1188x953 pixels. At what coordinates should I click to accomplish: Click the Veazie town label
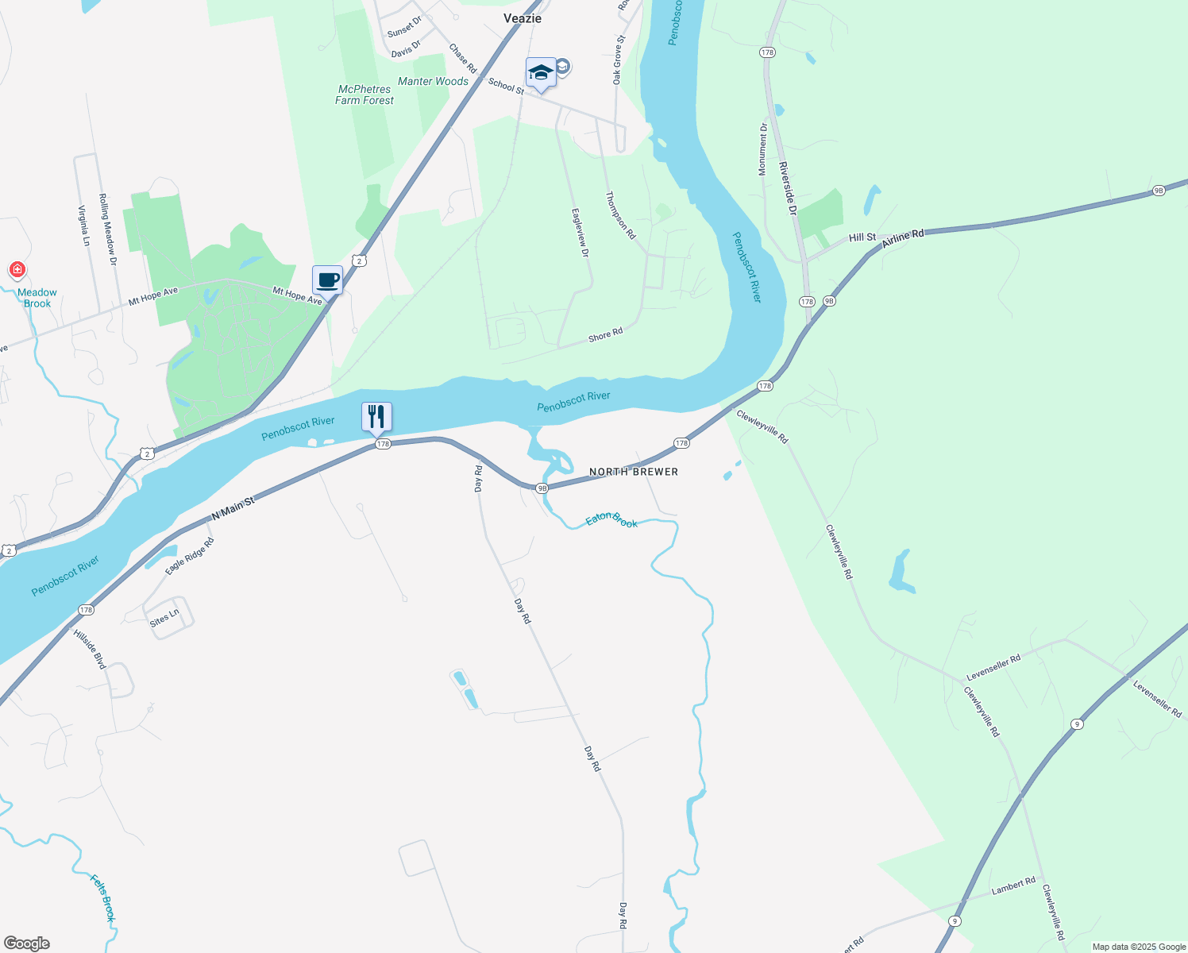tap(523, 18)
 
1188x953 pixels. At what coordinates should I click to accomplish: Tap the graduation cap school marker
tap(541, 73)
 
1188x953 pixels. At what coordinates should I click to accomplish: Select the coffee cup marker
tap(327, 280)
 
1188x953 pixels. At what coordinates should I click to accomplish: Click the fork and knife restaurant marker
tap(376, 416)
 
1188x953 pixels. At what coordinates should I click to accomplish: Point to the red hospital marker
tap(17, 270)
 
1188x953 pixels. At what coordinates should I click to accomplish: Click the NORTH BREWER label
tap(634, 472)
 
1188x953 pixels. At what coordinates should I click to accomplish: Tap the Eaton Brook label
tap(611, 520)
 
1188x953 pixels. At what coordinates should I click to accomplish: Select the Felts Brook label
tap(102, 898)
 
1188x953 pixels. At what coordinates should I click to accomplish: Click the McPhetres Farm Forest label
tap(364, 95)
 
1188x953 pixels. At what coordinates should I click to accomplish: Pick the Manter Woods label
tap(433, 81)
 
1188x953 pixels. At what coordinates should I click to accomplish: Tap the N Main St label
tap(233, 508)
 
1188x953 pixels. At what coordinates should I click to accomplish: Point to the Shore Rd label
tap(605, 335)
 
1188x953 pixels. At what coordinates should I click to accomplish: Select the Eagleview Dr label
tap(580, 233)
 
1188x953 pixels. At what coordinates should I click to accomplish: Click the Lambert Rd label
tap(1013, 885)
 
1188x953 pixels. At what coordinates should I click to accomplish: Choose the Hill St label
tap(862, 237)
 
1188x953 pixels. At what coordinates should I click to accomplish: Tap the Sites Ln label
tap(164, 617)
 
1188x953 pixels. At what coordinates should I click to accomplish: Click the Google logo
tap(26, 943)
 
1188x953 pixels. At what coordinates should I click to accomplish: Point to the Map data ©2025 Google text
tap(1139, 947)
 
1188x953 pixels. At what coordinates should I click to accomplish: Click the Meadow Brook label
tap(37, 298)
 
